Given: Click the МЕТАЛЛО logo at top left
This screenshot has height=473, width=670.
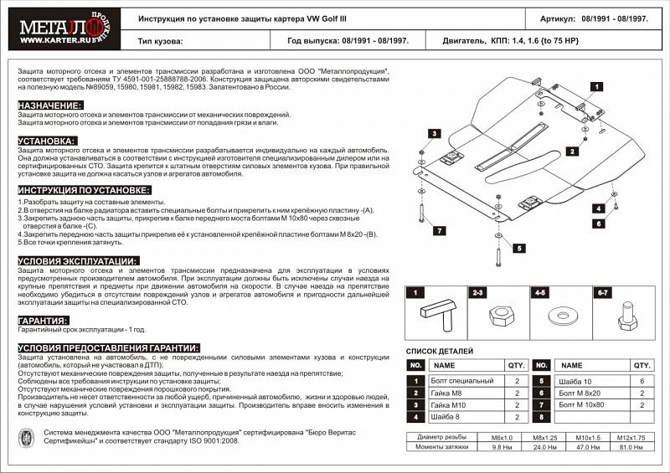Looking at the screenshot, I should [x=57, y=28].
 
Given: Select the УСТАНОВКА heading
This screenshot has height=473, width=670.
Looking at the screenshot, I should [x=47, y=141].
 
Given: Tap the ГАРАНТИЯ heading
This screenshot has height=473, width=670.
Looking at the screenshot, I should [x=44, y=321].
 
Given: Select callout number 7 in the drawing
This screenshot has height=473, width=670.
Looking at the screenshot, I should [x=438, y=230].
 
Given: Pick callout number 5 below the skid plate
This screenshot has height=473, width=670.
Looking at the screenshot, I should [x=519, y=248].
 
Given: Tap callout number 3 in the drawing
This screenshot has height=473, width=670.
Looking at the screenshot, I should [x=435, y=134].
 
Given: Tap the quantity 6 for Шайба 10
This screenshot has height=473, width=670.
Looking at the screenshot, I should [x=642, y=380].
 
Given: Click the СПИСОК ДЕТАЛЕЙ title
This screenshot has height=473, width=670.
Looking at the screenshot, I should [x=441, y=351].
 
